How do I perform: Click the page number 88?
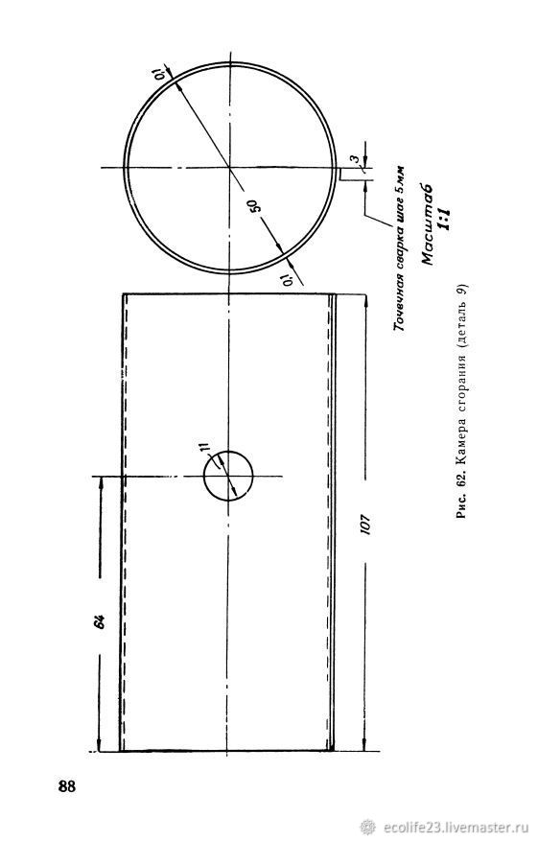coord(67,786)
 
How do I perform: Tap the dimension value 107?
coord(365,526)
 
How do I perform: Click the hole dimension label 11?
coord(204,449)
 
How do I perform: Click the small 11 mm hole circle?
coord(228,476)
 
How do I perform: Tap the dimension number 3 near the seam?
coord(355,159)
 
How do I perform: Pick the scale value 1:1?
coord(445,219)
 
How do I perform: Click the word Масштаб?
coord(429,224)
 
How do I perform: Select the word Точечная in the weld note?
coord(400,301)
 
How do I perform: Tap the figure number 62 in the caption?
coord(462,487)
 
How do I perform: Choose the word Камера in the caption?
coord(462,450)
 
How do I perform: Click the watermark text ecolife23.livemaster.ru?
coord(454,827)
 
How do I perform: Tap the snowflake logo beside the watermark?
coord(367,827)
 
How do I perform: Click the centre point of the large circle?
coord(230,168)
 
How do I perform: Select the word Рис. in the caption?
coord(462,509)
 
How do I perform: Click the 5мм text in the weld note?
coord(401,178)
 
